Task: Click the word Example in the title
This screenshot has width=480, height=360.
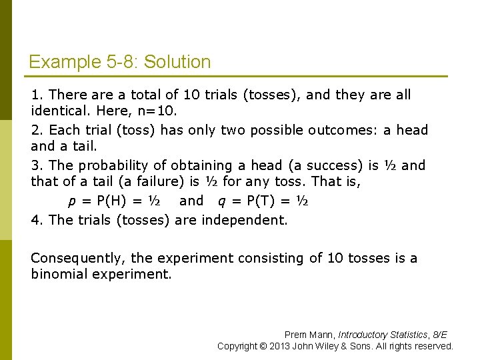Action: pyautogui.click(x=65, y=63)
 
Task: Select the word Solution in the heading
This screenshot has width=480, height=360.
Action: pyautogui.click(x=177, y=63)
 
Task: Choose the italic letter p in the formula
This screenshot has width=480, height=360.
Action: pyautogui.click(x=72, y=201)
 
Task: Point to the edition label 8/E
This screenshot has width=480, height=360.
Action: pyautogui.click(x=440, y=335)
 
